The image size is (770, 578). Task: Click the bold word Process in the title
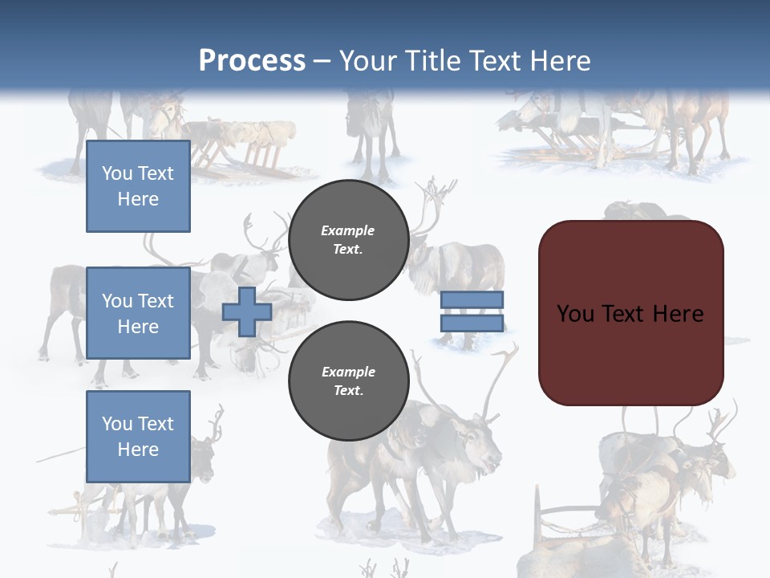(x=252, y=61)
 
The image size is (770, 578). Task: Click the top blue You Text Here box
(x=138, y=186)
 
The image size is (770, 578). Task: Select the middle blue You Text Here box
(x=138, y=313)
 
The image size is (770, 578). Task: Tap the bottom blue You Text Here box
(x=138, y=436)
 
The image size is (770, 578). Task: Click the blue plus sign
(x=247, y=311)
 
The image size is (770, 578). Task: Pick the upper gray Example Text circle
(x=348, y=240)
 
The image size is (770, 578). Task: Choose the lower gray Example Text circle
(x=348, y=381)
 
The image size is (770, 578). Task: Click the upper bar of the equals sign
(x=472, y=299)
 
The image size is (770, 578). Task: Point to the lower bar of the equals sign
(x=472, y=324)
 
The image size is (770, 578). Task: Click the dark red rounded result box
(x=630, y=312)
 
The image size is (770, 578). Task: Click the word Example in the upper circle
(x=348, y=231)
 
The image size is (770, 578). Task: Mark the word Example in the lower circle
(x=348, y=372)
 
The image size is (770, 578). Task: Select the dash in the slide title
(x=322, y=62)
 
